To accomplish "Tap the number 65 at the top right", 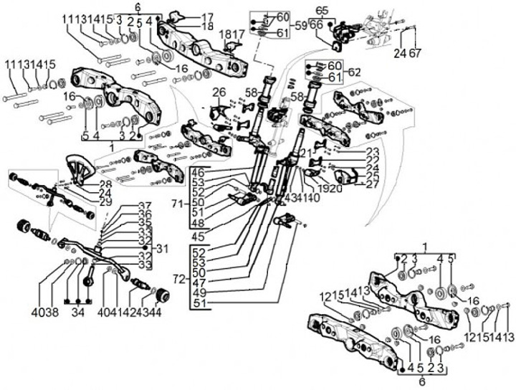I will (322, 9).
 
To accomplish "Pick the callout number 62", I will (354, 72).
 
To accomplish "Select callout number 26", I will (219, 91).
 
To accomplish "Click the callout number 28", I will (105, 185).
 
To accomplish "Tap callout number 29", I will (105, 204).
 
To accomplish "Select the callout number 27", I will (371, 184).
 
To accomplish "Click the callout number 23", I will (371, 151).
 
